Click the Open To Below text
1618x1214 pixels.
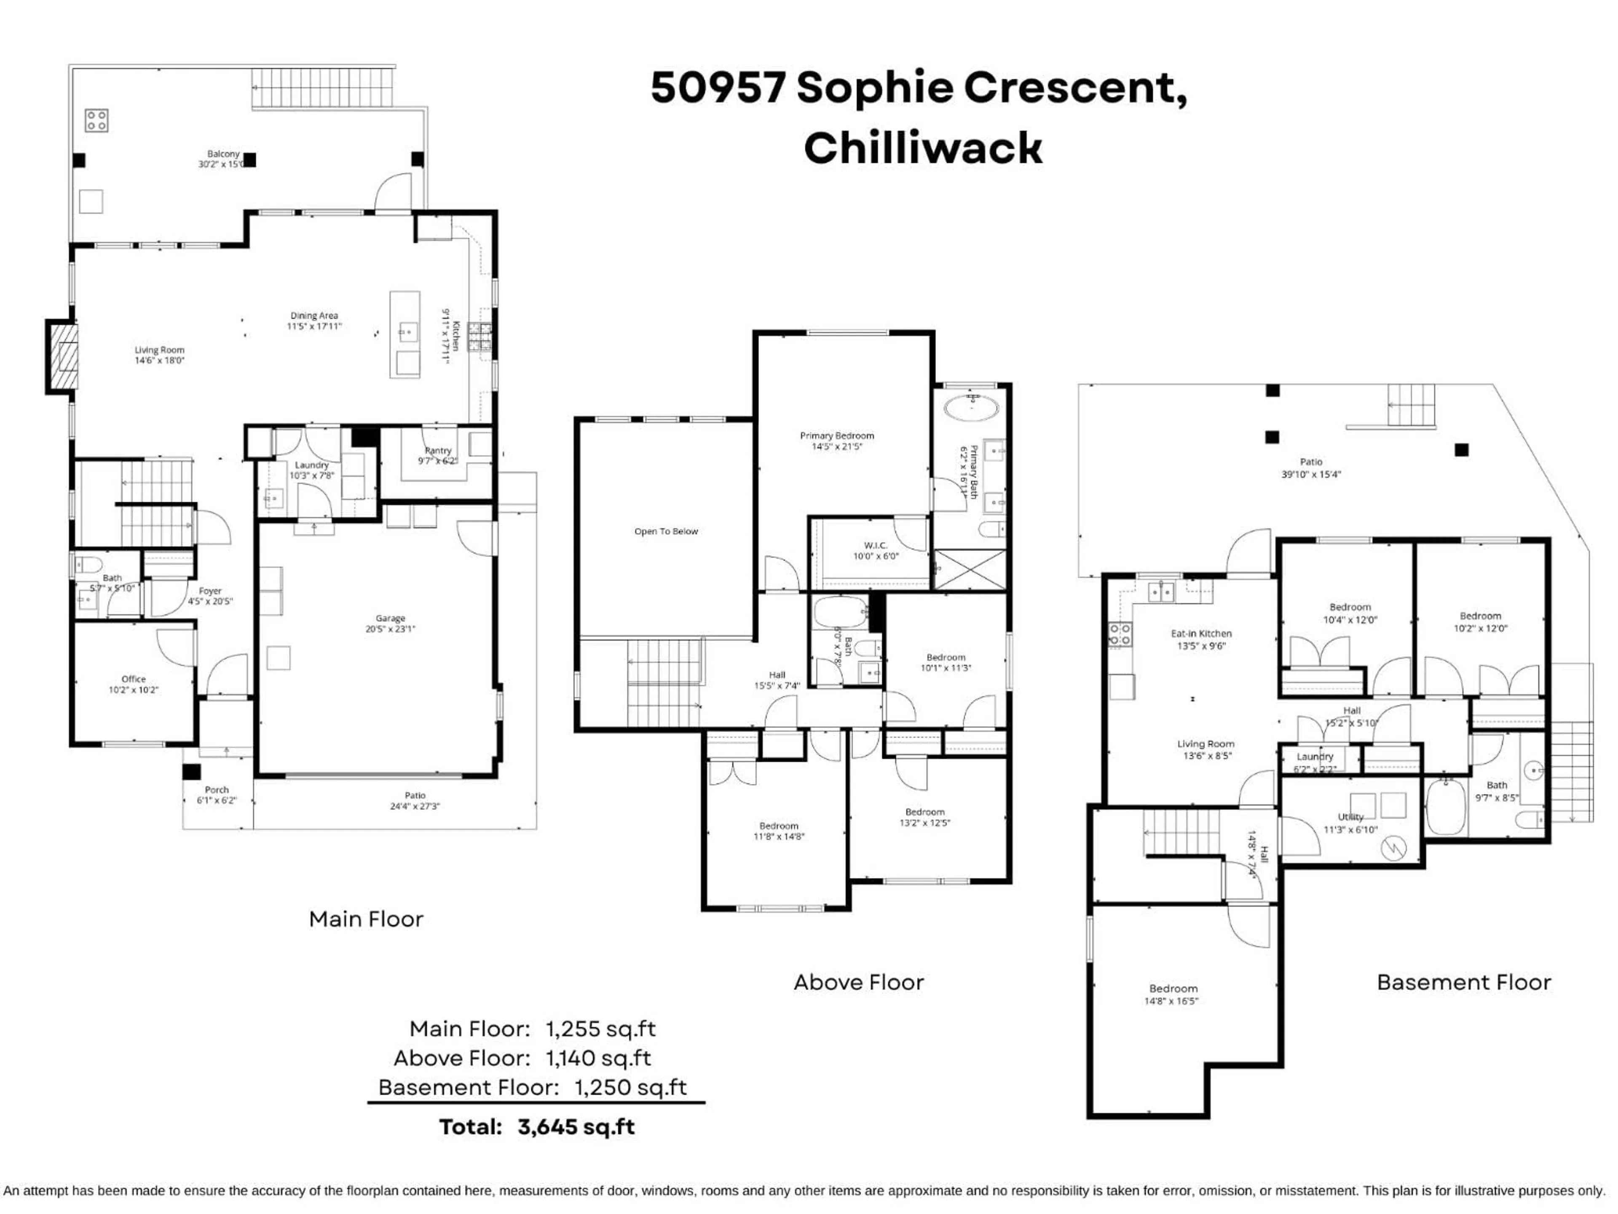coord(666,531)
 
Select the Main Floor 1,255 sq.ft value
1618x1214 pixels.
coord(600,1029)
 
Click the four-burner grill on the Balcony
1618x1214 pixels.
coord(96,121)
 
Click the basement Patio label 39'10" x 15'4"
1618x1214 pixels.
coord(1311,467)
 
